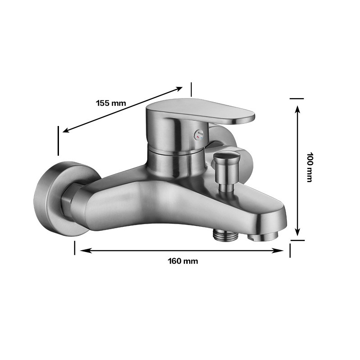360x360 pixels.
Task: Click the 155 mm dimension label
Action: point(111,103)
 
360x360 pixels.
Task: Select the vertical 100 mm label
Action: point(309,167)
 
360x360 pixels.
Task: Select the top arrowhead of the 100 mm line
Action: point(297,108)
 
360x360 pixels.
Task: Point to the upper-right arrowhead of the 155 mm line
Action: point(180,88)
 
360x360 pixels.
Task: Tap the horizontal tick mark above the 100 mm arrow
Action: point(297,98)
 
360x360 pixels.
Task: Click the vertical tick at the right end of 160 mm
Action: point(290,250)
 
